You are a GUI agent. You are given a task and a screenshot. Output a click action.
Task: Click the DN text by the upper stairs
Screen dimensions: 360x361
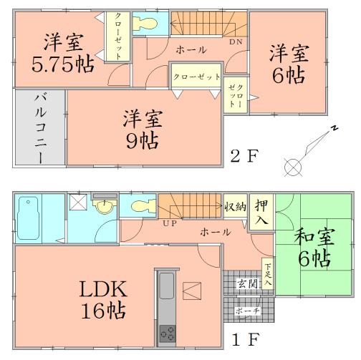pyautogui.click(x=234, y=42)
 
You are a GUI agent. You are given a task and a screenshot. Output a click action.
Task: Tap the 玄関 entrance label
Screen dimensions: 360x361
pyautogui.click(x=247, y=283)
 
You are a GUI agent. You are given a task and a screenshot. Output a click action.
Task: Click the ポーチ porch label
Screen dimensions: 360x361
pyautogui.click(x=246, y=311)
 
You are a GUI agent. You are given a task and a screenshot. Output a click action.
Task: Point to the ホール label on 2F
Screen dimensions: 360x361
pyautogui.click(x=191, y=49)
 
